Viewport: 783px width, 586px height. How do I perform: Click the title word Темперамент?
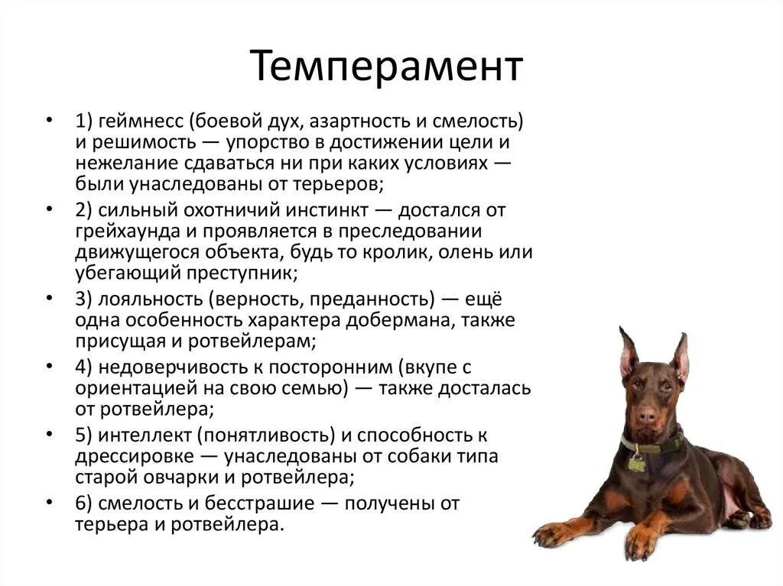tap(386, 67)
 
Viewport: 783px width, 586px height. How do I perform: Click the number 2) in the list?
tap(84, 211)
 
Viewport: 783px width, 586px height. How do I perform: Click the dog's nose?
tap(648, 417)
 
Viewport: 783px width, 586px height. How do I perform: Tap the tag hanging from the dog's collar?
tap(636, 461)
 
